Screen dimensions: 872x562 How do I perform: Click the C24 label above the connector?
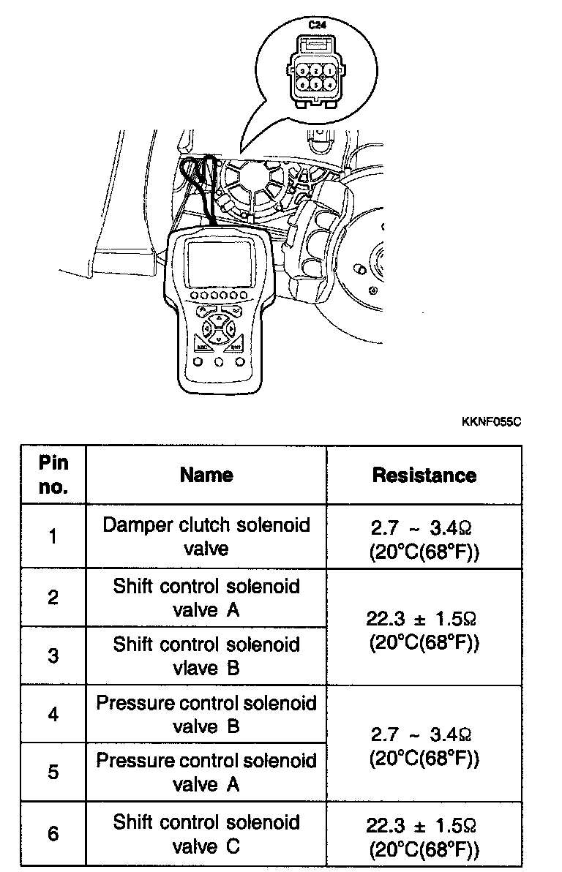[x=317, y=26]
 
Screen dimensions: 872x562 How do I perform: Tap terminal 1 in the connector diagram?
[x=331, y=71]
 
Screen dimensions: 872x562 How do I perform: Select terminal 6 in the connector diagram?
[x=301, y=85]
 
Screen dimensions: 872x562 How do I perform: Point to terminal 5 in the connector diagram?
[x=316, y=85]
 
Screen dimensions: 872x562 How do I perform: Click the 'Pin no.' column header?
[x=53, y=475]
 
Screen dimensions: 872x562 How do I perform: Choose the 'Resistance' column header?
[x=424, y=475]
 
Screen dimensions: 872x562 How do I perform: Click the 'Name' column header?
[x=206, y=475]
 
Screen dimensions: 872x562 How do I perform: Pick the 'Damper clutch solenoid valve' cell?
[x=206, y=536]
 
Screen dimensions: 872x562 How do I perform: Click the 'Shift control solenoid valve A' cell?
[x=206, y=597]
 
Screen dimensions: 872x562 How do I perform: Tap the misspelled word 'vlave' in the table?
[x=195, y=668]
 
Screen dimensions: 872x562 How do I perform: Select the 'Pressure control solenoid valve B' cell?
[x=206, y=714]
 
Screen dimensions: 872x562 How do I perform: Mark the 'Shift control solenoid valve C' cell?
[x=206, y=833]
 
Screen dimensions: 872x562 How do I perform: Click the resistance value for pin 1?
[x=424, y=536]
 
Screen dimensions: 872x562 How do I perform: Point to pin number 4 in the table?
[x=53, y=714]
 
